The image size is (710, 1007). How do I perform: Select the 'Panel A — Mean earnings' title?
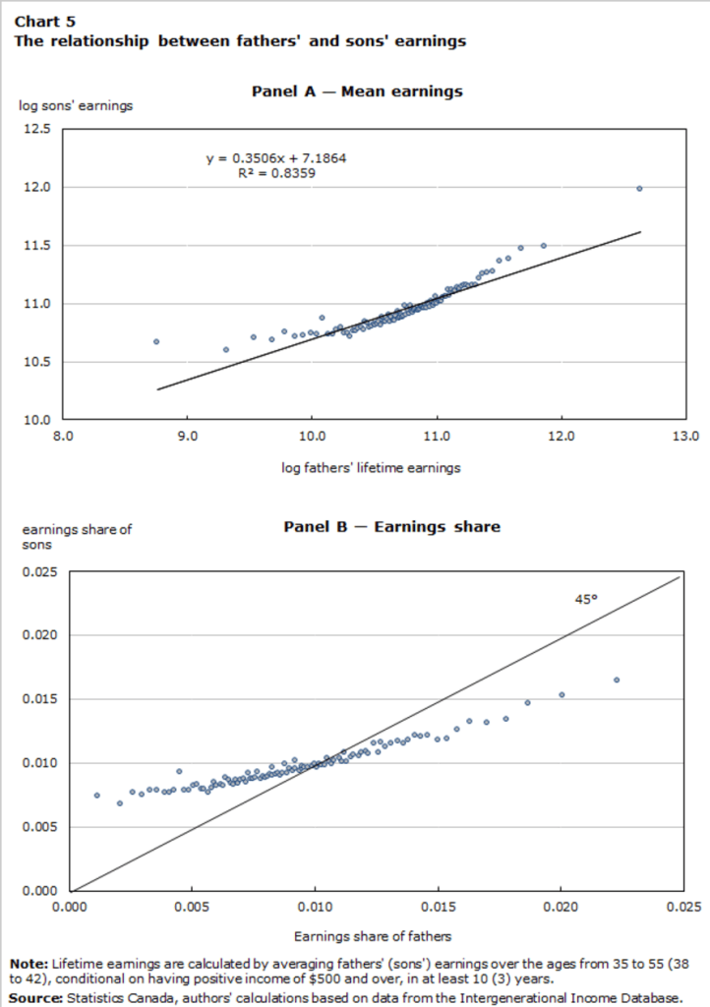356,91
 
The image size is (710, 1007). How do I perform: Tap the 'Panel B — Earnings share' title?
391,527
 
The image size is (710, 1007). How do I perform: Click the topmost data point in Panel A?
639,188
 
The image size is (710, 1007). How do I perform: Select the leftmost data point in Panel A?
155,341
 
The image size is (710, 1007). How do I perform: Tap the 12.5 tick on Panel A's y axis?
37,129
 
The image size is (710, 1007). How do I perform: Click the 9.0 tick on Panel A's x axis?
188,435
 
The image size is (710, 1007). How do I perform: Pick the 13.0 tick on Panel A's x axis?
684,435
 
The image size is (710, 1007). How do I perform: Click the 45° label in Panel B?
586,598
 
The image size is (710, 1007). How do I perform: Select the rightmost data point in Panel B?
617,680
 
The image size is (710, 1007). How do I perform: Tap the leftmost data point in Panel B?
96,795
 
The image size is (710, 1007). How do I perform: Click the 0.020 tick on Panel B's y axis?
39,635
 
